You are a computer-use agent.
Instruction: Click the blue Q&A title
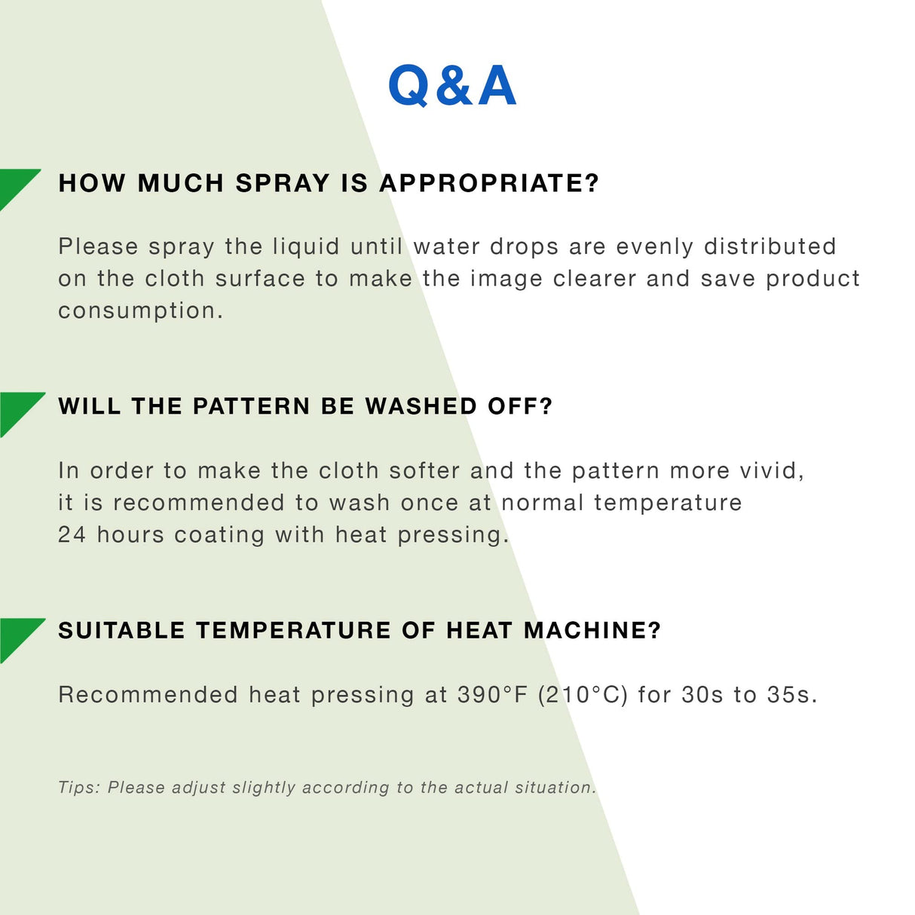[x=452, y=85]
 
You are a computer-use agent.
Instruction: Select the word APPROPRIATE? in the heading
[x=488, y=183]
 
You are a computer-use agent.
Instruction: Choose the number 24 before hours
[x=72, y=534]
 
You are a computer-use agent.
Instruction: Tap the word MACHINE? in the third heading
[x=592, y=630]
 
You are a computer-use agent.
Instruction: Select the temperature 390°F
[x=492, y=694]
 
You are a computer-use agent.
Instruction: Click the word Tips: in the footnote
[x=79, y=788]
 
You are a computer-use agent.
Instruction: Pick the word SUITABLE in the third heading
[x=121, y=630]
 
